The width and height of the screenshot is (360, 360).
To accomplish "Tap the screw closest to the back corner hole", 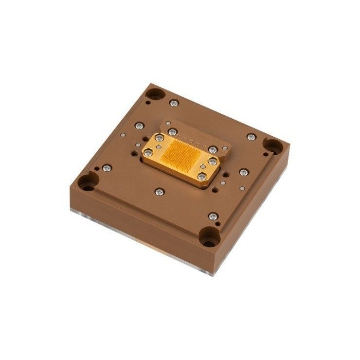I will (174, 103).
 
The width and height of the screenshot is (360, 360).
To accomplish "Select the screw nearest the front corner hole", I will (212, 216).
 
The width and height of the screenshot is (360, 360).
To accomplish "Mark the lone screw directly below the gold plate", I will (159, 194).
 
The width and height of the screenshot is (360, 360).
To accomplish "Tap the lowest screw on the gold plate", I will (200, 177).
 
